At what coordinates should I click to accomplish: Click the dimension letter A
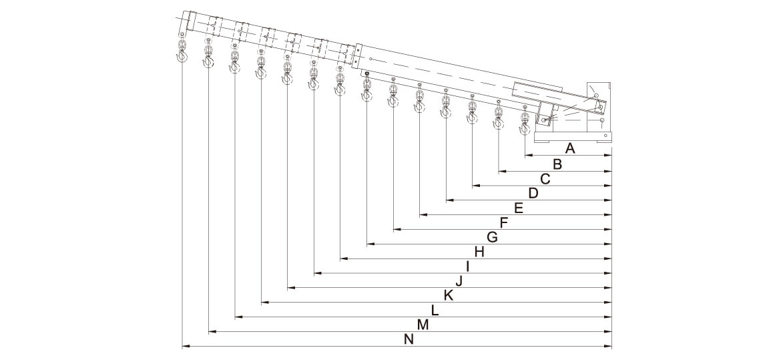(570, 148)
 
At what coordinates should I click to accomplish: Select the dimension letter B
(557, 164)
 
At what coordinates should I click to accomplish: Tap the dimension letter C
(545, 179)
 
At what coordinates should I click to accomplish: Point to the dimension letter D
(532, 194)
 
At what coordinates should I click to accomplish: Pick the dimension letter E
(518, 208)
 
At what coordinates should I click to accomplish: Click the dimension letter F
(504, 223)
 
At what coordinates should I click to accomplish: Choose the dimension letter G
(492, 238)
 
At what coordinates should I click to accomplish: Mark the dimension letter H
(479, 252)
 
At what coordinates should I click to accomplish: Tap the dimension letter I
(468, 267)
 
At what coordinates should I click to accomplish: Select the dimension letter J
(459, 281)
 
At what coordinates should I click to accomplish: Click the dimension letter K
(448, 296)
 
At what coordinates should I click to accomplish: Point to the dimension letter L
(435, 311)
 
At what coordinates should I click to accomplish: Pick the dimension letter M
(422, 325)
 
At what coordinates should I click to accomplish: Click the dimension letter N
(409, 340)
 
